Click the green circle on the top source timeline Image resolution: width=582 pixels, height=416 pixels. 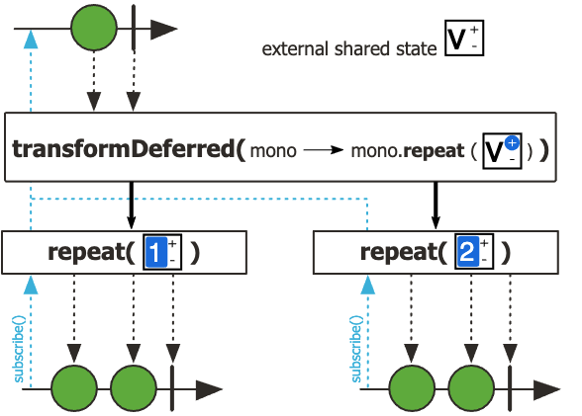(x=93, y=30)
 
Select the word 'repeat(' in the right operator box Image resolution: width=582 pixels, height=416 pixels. (x=402, y=251)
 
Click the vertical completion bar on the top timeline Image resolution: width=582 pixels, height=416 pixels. (x=134, y=30)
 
